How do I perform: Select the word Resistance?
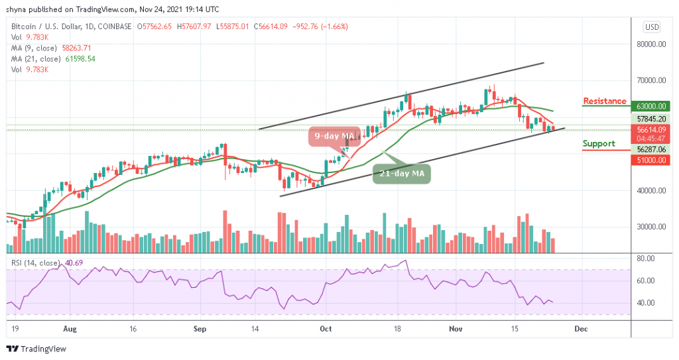[x=604, y=101]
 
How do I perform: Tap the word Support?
[x=599, y=143]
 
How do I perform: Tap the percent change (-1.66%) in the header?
[x=332, y=27]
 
